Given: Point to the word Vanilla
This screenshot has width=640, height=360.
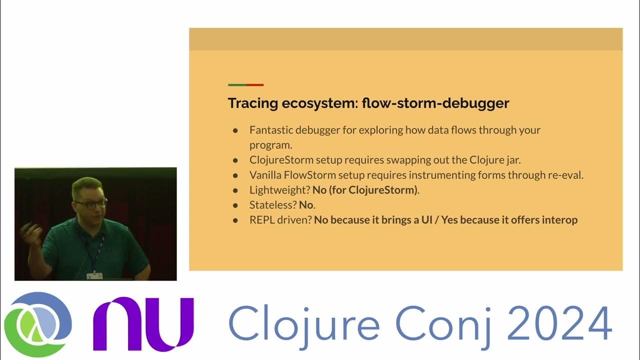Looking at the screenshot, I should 265,175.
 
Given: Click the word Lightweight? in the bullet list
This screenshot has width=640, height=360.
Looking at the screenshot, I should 279,190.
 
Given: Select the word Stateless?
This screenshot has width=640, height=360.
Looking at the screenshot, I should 273,205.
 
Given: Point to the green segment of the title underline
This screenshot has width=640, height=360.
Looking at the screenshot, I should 237,85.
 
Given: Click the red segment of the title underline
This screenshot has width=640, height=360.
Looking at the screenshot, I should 254,85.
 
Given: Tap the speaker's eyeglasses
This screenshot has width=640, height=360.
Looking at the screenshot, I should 90,204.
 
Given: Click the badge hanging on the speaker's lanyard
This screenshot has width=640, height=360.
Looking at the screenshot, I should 94,275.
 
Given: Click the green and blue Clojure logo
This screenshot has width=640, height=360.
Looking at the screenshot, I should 38,324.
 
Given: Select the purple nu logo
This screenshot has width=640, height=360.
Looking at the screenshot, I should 143,324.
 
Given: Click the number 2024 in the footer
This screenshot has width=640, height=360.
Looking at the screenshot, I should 559,324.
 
